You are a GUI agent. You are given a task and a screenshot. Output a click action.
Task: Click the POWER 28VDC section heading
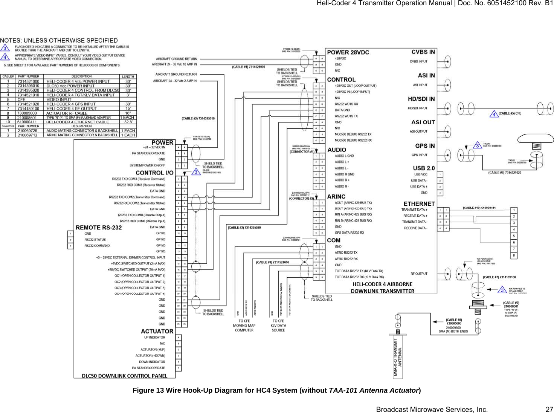pos(348,52)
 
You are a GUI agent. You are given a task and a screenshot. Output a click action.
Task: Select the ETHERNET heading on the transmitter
pos(419,204)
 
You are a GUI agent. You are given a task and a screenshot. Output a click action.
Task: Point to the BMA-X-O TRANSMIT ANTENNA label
pos(398,357)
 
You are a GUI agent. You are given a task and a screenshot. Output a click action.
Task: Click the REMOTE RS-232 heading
pos(99,228)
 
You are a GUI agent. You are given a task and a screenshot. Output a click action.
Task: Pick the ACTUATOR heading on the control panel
pos(157,331)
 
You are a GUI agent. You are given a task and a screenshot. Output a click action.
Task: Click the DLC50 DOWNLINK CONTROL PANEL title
pos(125,376)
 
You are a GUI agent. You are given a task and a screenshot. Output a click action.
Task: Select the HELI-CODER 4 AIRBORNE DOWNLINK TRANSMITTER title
pos(382,288)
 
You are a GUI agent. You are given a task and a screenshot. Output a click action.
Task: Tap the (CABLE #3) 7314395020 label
pos(244,228)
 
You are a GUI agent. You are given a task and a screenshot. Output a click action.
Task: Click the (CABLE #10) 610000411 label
pos(479,208)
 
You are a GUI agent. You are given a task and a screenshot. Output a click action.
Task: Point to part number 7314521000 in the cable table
pos(28,81)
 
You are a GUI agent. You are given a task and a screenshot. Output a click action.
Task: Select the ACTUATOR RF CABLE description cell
pos(67,113)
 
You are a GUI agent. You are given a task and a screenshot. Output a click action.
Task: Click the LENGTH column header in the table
pos(128,76)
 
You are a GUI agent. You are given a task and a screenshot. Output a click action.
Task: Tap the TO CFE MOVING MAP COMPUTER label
pos(244,326)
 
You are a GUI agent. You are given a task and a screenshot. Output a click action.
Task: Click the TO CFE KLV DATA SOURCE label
pos(278,326)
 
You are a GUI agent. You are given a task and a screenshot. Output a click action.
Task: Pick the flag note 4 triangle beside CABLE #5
pos(494,114)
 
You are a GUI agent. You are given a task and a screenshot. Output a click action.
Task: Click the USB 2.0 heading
pos(423,168)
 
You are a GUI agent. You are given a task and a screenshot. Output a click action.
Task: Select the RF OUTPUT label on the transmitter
pos(419,274)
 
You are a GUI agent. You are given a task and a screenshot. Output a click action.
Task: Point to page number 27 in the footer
pos(549,410)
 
